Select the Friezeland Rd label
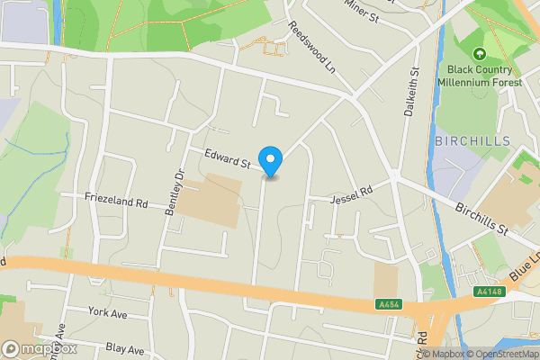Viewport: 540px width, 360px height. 116,202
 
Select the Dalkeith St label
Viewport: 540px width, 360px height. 415,85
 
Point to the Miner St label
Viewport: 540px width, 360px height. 362,8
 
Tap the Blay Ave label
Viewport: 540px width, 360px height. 124,348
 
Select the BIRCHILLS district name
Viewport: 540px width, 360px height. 472,141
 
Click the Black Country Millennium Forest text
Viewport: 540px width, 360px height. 479,76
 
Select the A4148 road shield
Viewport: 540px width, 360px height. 487,292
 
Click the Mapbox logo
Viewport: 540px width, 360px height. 40,348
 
